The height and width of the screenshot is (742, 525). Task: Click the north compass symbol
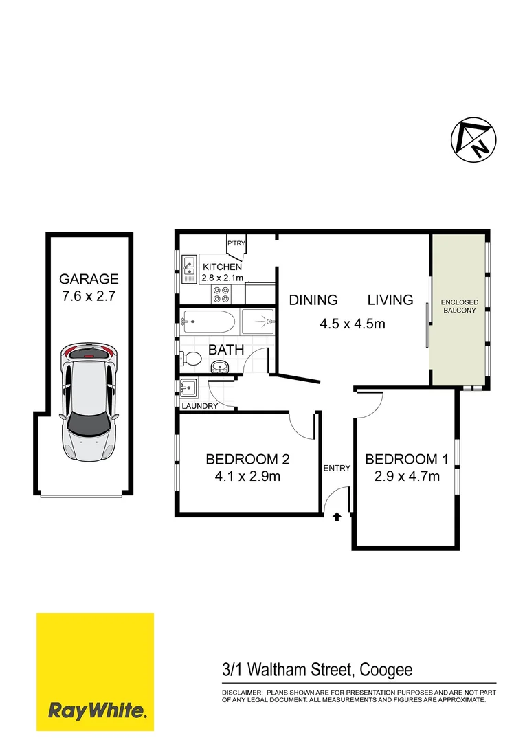pos(472,141)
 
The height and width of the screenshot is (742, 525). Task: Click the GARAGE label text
pos(89,279)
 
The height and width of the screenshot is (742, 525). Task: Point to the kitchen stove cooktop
pos(222,295)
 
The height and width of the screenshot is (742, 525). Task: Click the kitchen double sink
pos(190,267)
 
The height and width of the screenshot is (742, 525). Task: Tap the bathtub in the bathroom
pos(209,320)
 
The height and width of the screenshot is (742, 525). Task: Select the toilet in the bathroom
pos(190,359)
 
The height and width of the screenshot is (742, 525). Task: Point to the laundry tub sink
pos(189,389)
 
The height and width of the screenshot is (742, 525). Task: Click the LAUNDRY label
pos(200,406)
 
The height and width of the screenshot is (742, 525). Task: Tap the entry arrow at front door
pos(337,517)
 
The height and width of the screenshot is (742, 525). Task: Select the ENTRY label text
pos(337,469)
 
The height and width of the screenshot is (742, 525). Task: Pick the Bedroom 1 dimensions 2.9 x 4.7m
pos(402,476)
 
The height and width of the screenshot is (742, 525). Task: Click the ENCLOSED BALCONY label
pos(459,306)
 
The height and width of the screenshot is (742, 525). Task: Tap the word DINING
pos(313,300)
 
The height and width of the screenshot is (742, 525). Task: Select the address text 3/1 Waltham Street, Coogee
pos(317,669)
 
